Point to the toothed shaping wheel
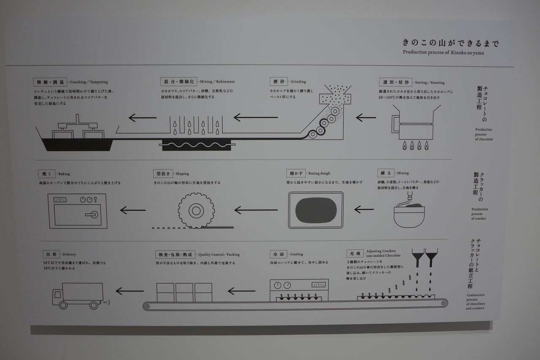(196, 210)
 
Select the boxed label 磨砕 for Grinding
(278, 81)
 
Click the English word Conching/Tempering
(89, 82)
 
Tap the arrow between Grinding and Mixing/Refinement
(255, 117)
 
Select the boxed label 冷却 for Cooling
(279, 254)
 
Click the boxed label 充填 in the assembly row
(354, 254)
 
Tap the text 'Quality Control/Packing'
(219, 255)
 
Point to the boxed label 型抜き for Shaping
(163, 173)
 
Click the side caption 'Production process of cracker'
(480, 213)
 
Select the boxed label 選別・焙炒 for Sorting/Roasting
(393, 82)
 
